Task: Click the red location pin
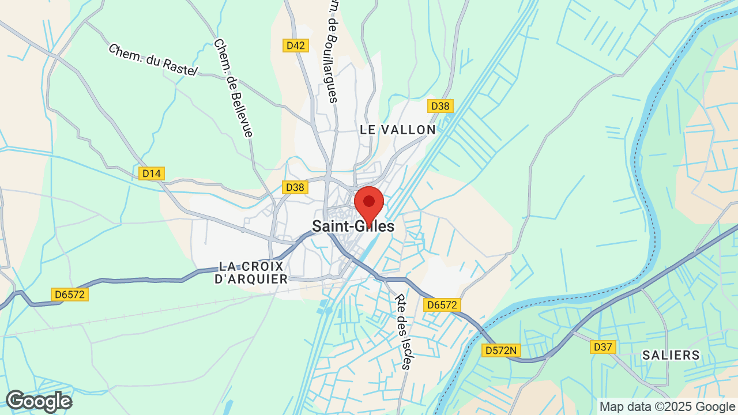coord(369,203)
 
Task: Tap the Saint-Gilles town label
coord(353,227)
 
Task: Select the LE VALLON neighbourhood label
coord(398,130)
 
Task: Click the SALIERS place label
coord(671,355)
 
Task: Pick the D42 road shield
coord(296,46)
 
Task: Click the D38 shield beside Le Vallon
coord(440,106)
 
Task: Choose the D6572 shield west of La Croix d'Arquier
coord(70,295)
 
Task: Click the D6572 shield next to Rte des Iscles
coord(442,305)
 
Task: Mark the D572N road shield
coord(501,350)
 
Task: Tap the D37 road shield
coord(603,346)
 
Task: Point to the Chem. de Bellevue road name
coord(233,88)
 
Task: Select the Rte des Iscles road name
coord(403,331)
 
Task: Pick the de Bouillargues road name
coord(333,52)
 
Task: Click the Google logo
coord(39,402)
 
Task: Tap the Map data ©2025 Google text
coord(667,406)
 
